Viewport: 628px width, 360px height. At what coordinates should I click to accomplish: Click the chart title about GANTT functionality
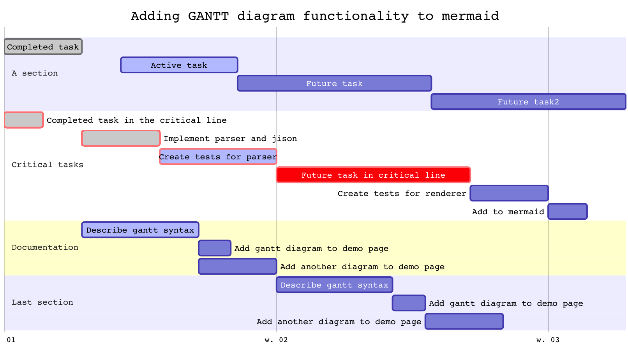coord(314,16)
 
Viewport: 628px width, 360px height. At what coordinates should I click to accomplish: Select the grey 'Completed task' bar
coord(43,47)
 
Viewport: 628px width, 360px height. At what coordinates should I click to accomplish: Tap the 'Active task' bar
coord(179,65)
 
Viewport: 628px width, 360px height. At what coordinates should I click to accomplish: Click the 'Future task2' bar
coord(528,102)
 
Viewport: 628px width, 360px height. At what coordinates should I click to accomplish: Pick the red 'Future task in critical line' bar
coord(373,175)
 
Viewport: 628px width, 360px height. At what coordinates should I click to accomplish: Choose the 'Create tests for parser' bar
coord(218,157)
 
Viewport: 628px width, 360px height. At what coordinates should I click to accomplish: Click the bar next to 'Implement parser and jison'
coord(121,138)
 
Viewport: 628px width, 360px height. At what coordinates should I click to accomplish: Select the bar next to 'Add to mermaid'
coord(567,212)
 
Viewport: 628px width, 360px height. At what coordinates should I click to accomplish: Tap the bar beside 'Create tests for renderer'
coord(509,193)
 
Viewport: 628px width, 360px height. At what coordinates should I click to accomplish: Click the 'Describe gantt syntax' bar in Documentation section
coord(140,230)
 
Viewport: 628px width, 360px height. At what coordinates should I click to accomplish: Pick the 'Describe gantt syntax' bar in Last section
coord(334,285)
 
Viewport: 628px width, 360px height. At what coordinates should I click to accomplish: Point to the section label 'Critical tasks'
coord(47,164)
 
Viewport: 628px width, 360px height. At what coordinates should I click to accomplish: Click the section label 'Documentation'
coord(45,247)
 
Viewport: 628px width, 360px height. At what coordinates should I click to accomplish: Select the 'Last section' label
coord(42,302)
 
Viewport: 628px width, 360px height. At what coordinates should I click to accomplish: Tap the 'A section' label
coord(34,73)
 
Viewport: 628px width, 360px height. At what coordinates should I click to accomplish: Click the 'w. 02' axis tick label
coord(276,340)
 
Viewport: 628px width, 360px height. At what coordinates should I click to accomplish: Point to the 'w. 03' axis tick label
coord(547,340)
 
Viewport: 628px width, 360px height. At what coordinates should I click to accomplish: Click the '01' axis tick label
coord(11,340)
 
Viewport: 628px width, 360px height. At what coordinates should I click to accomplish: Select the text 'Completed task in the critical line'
coord(136,120)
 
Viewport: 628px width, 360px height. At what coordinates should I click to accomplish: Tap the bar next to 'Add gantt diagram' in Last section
coord(409,303)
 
